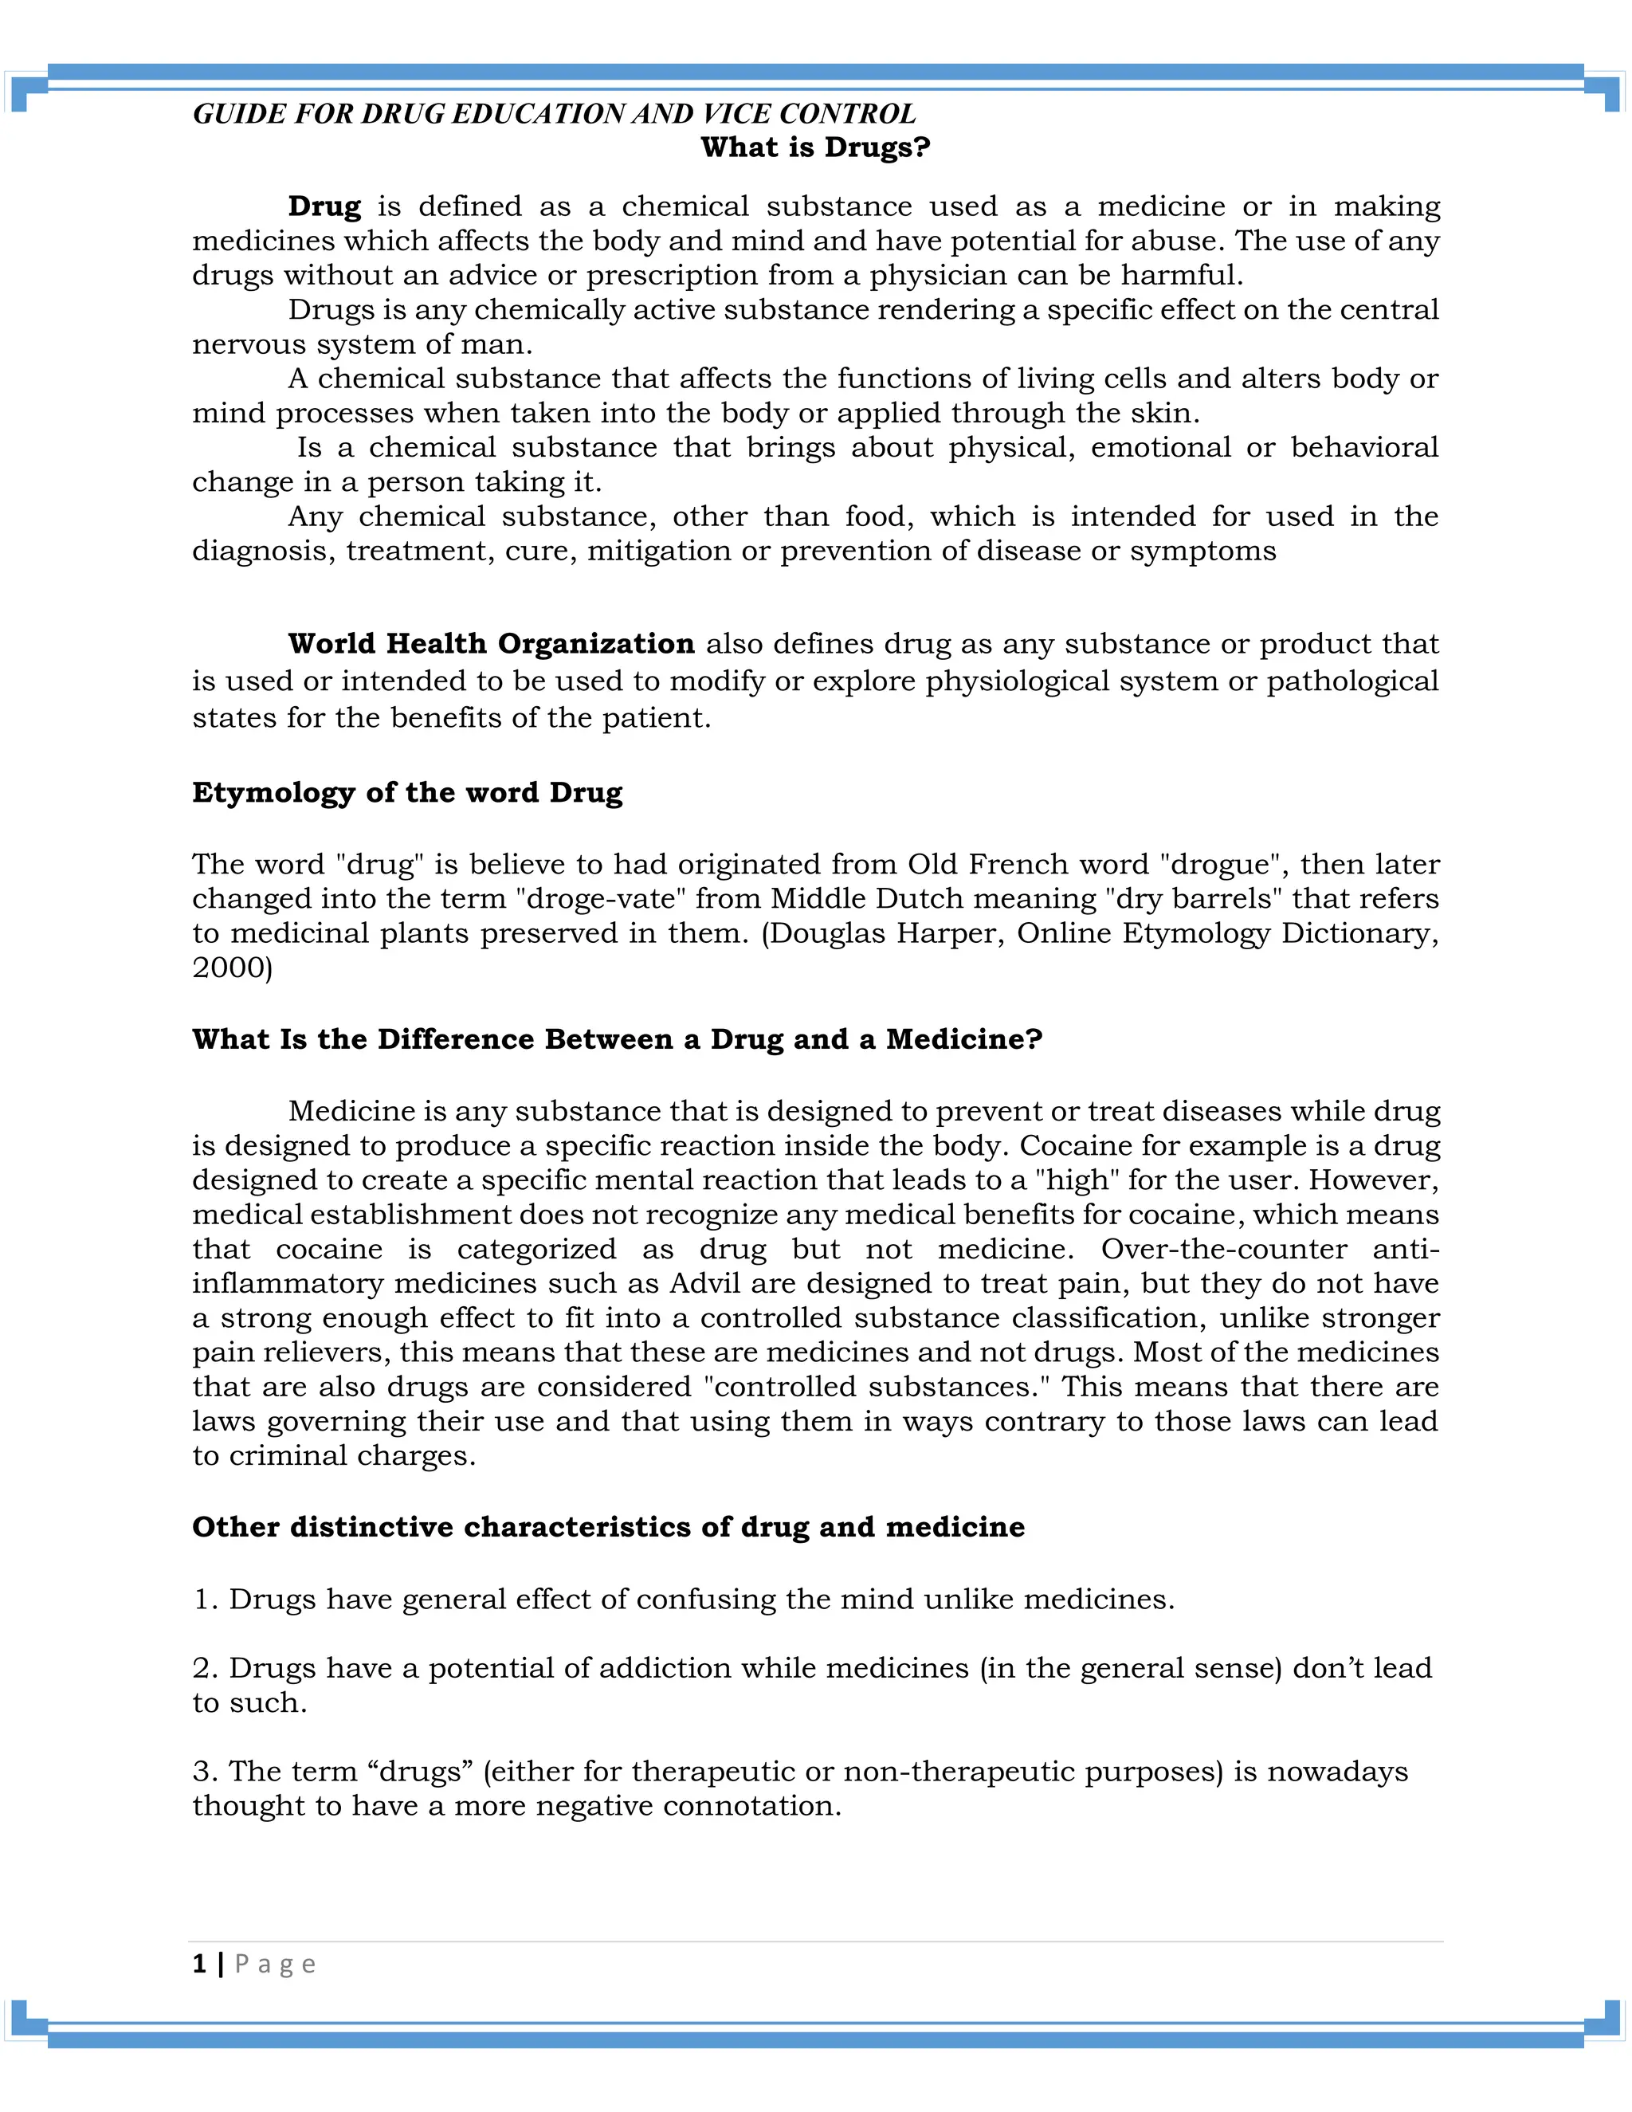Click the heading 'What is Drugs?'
pyautogui.click(x=815, y=148)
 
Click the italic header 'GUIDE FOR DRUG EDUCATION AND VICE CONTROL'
pyautogui.click(x=554, y=114)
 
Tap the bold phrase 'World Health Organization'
pyautogui.click(x=491, y=643)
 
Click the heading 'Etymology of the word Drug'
pyautogui.click(x=407, y=792)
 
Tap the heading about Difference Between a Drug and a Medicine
pyautogui.click(x=617, y=1038)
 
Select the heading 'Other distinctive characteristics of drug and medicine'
pyautogui.click(x=608, y=1527)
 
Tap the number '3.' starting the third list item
pyautogui.click(x=205, y=1772)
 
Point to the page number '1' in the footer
pyautogui.click(x=199, y=1964)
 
